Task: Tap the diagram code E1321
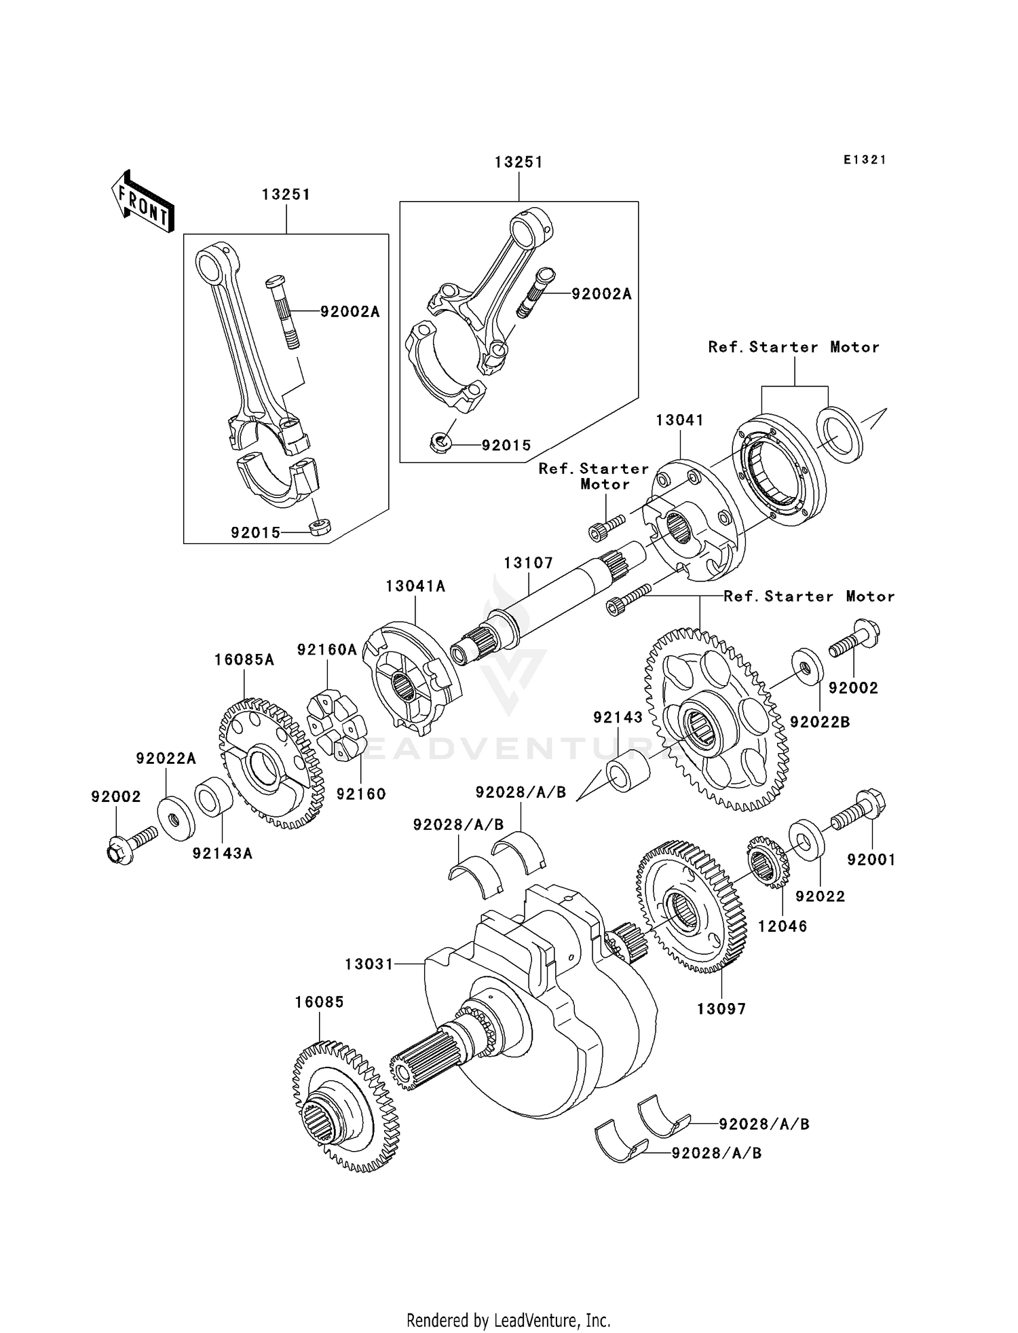[865, 160]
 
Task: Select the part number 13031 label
[369, 964]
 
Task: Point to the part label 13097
[721, 1009]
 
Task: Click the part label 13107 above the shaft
[528, 563]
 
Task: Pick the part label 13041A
[415, 586]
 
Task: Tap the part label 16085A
[244, 659]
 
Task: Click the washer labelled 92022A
[176, 817]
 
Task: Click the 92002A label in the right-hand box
[601, 294]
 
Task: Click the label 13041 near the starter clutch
[679, 420]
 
